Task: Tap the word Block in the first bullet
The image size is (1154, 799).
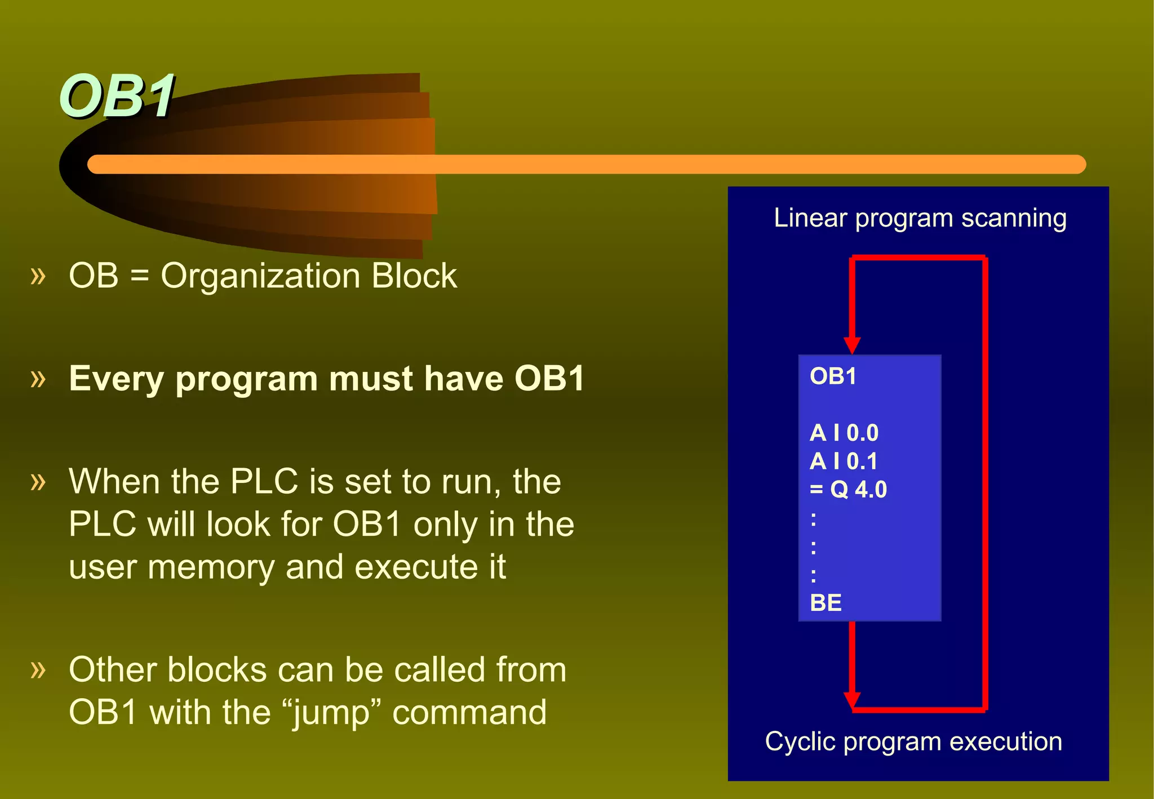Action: pos(414,276)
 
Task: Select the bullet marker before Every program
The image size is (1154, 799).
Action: pos(38,379)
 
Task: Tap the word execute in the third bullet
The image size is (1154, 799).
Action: pos(414,567)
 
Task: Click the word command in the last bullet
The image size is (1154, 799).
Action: pos(469,712)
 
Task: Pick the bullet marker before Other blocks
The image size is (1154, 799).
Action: pos(38,670)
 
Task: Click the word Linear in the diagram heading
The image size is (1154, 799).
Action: pos(810,218)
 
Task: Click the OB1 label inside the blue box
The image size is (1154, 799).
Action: pos(833,376)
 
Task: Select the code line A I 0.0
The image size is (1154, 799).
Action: pos(844,433)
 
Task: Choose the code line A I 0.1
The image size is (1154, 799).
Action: pos(844,461)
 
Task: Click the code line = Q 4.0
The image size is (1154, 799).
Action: pos(848,490)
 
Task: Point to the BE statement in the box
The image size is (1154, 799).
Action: pos(825,603)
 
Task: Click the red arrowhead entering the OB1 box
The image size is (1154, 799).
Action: pos(852,345)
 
